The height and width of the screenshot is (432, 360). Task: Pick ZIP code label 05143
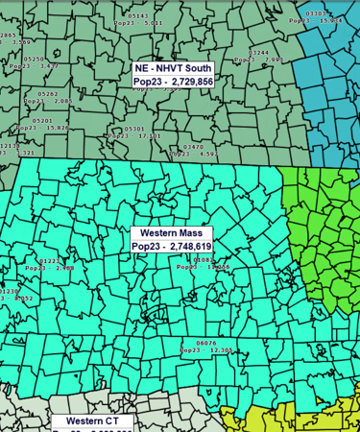pos(138,16)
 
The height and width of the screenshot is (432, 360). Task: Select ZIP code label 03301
pos(316,13)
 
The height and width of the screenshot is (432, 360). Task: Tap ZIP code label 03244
pos(259,53)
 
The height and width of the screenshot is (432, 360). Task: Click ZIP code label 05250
pos(35,60)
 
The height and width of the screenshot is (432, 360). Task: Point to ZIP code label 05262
pos(48,94)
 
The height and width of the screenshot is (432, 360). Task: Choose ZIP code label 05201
pos(42,120)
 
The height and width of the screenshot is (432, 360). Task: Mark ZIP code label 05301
pos(134,129)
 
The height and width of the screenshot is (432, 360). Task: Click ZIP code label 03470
pos(193,147)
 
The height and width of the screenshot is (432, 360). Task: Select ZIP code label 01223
pos(49,261)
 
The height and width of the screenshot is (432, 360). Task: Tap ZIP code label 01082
pos(204,260)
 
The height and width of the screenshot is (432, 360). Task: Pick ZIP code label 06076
pos(206,343)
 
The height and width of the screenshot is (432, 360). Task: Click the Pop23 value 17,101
pos(150,136)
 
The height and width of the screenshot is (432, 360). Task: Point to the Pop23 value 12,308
pos(222,350)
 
